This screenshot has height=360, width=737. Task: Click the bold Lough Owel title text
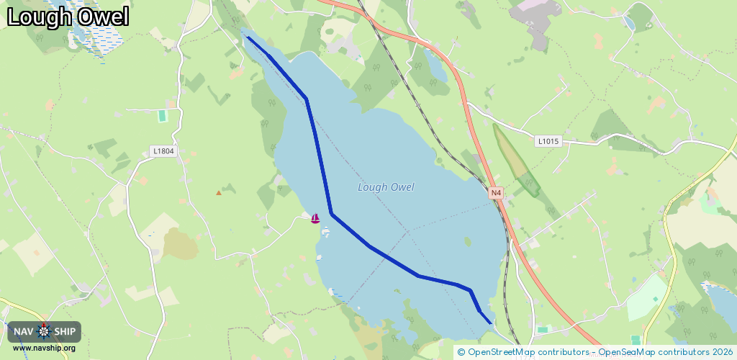68,17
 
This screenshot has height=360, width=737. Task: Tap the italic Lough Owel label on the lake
386,187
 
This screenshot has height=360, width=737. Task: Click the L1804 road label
163,151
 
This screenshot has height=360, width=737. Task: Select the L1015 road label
548,142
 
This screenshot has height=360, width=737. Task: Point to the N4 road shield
495,193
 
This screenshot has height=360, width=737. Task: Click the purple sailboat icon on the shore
315,217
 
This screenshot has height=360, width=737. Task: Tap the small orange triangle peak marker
219,192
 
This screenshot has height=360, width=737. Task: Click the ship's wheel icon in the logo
44,331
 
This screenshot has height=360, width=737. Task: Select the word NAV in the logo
24,331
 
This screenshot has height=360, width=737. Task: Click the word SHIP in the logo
65,331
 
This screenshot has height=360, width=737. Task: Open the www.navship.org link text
44,348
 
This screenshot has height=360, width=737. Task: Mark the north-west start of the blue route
248,37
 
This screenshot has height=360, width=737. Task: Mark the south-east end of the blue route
491,323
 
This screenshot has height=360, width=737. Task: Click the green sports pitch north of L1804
162,115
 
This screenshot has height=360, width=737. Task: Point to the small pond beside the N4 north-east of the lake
436,66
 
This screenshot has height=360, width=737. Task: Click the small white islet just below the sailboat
326,232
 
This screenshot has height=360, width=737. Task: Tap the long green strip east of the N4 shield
517,162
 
